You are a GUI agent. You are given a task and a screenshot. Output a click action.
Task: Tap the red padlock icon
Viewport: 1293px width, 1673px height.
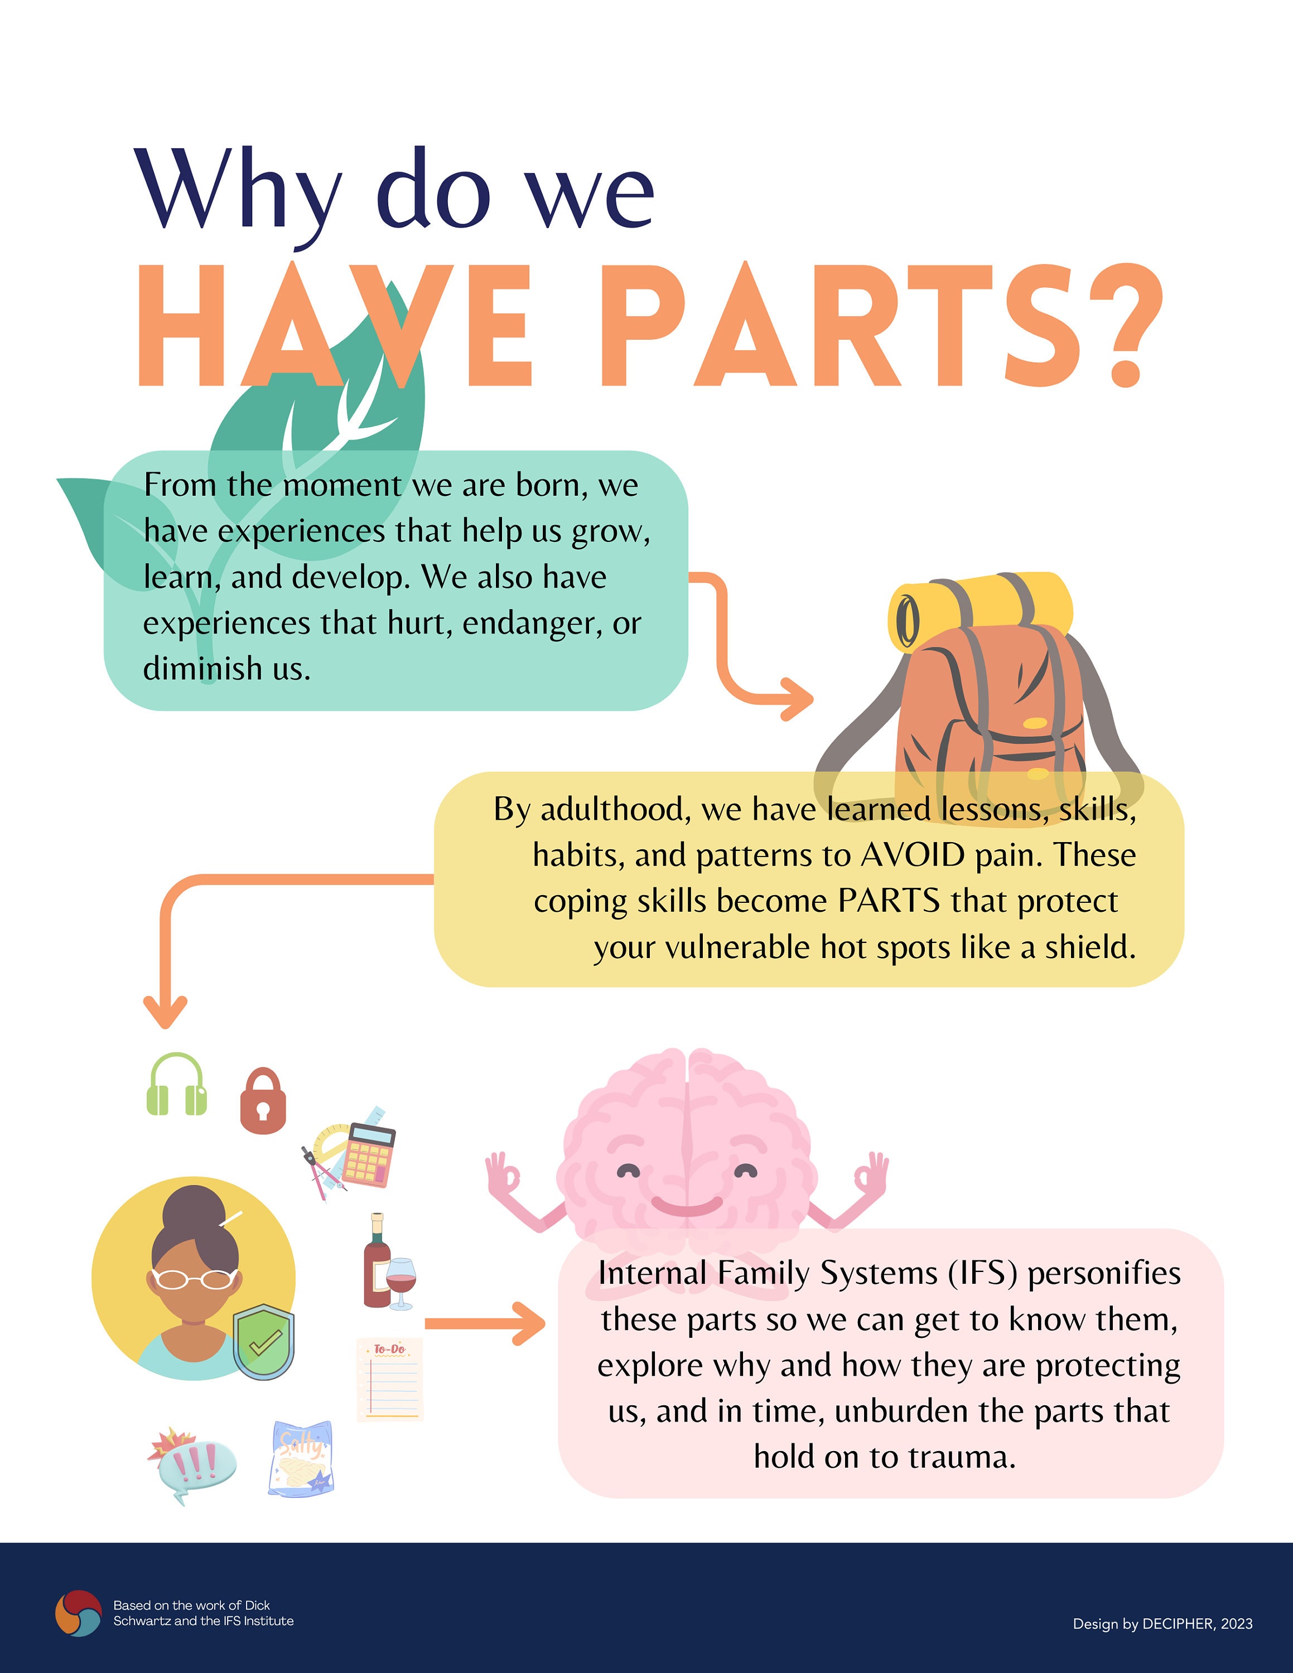[x=263, y=1101]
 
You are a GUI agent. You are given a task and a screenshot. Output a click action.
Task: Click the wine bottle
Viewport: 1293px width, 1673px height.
[x=376, y=1260]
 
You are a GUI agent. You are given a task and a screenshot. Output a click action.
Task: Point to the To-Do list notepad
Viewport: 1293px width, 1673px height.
[x=389, y=1379]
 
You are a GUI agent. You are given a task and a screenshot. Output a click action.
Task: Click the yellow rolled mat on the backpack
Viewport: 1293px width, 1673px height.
[x=981, y=611]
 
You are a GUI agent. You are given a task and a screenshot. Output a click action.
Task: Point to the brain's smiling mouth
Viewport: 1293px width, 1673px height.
[x=687, y=1206]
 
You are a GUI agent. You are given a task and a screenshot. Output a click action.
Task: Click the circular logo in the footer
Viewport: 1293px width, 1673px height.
[x=78, y=1613]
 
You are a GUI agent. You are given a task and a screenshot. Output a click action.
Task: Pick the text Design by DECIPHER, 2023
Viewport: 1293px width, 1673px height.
[x=1163, y=1624]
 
